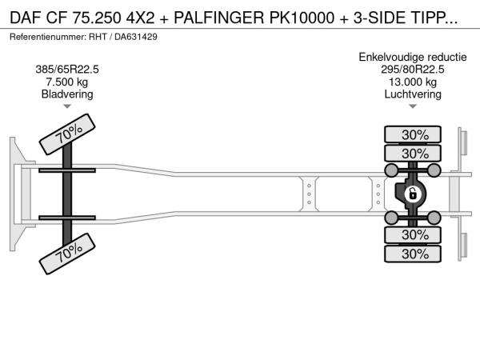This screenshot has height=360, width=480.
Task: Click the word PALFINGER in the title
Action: coord(218,18)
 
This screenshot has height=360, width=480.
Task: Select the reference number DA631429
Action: coord(136,37)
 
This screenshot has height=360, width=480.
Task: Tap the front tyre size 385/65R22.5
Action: coord(67,70)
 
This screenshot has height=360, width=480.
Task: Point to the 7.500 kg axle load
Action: coord(67,82)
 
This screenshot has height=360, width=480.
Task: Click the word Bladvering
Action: coord(67,94)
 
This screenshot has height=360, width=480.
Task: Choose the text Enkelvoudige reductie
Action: coord(413,58)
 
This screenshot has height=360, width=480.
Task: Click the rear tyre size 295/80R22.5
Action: coord(413,70)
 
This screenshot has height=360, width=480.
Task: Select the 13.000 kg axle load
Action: coord(413,82)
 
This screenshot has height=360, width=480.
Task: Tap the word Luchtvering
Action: coord(413,94)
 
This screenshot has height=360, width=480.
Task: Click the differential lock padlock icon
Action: coord(412,194)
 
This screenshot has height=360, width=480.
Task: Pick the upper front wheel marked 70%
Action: coord(67,134)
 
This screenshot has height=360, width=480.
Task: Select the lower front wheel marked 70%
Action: coord(67,254)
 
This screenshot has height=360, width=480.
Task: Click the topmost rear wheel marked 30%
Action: coord(413,134)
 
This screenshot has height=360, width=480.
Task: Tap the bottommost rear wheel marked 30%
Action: coord(413,254)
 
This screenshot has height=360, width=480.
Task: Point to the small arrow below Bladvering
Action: coord(67,106)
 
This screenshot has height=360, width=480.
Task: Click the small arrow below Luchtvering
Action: coord(413,106)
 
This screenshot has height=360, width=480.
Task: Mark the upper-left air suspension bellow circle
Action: coord(391,170)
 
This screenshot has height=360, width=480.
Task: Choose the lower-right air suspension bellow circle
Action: coord(434,218)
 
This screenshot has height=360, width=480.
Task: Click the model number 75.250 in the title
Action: coord(97,18)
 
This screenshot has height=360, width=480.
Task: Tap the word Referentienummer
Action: coord(48,37)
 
